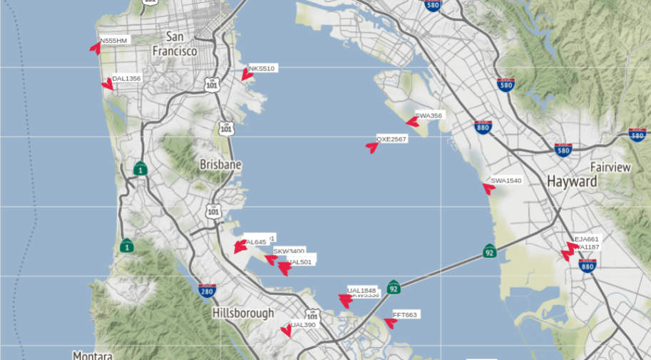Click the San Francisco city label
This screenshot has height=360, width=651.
point(175,44)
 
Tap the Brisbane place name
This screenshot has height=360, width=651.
point(220,165)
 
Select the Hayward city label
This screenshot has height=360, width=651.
point(572,182)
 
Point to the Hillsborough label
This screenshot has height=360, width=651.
point(243,313)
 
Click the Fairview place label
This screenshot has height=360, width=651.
point(610,168)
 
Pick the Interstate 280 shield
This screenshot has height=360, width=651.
point(207,291)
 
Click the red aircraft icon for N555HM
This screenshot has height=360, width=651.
point(95,48)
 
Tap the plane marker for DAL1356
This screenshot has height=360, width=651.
point(108,84)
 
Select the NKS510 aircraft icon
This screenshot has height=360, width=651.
point(247,74)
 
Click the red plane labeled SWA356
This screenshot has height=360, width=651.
point(412,122)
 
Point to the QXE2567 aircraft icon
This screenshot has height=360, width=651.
point(371,147)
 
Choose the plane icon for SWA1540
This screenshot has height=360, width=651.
point(488,188)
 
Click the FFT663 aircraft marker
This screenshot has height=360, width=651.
point(390,322)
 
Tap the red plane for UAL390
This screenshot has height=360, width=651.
point(286,330)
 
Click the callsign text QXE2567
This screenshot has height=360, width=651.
point(391,139)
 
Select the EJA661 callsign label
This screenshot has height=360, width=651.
point(587,239)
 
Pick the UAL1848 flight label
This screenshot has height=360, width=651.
point(362,290)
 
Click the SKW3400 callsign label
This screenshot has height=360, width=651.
point(289,251)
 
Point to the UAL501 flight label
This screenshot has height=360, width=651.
point(299,262)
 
